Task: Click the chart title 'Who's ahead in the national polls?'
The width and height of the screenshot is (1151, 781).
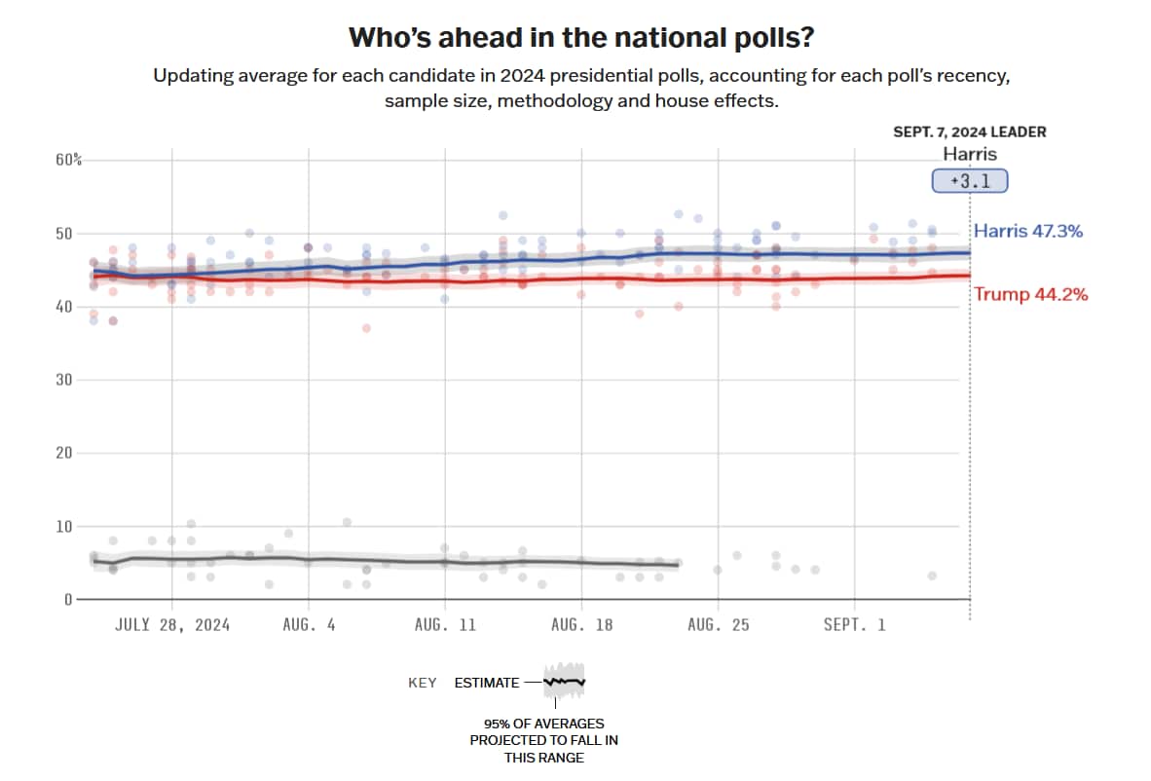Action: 581,38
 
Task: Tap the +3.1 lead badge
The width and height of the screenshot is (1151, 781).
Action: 969,181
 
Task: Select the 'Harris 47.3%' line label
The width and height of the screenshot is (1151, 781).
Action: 1028,232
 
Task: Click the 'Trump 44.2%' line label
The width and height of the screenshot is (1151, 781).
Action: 1031,294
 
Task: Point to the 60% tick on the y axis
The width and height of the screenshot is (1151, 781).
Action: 67,160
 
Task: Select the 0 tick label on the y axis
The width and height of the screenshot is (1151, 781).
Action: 67,600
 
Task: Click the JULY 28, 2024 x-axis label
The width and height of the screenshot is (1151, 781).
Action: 172,625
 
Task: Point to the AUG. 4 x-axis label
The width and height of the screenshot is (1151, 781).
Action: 309,625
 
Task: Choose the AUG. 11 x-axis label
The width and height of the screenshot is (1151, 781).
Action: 445,625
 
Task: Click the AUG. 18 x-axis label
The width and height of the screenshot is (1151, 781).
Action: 581,625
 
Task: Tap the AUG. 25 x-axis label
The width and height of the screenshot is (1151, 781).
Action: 718,625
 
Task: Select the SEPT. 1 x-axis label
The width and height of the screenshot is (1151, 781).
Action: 854,625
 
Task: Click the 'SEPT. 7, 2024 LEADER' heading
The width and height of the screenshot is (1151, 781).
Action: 970,132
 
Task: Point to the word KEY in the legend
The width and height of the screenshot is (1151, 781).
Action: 422,683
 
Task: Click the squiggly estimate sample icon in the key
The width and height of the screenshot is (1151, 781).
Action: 565,683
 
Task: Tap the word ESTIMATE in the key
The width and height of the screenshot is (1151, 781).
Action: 487,683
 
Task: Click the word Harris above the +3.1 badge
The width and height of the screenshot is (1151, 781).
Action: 970,154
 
